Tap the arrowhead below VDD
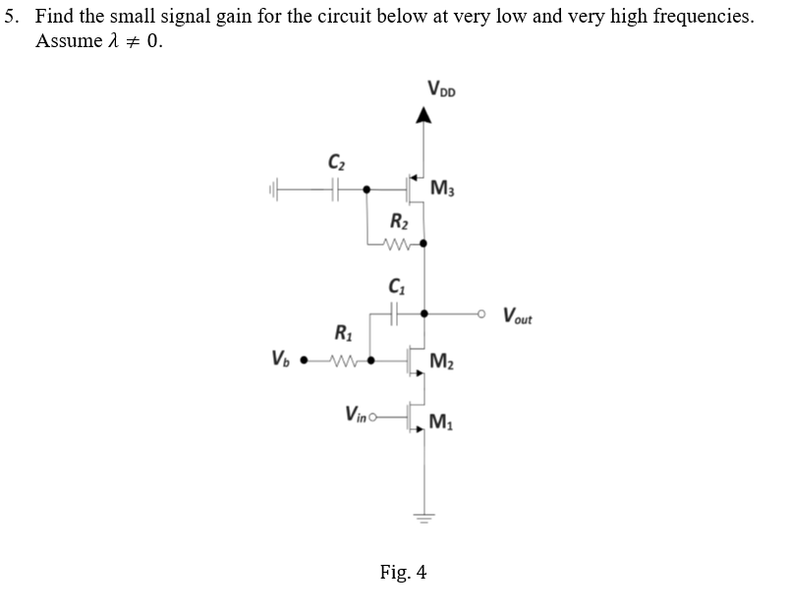click(x=423, y=118)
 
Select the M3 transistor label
click(x=444, y=188)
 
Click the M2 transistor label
click(x=444, y=362)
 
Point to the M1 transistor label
click(x=444, y=424)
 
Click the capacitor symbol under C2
click(x=336, y=187)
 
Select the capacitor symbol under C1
click(x=396, y=314)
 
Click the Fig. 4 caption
click(x=403, y=572)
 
